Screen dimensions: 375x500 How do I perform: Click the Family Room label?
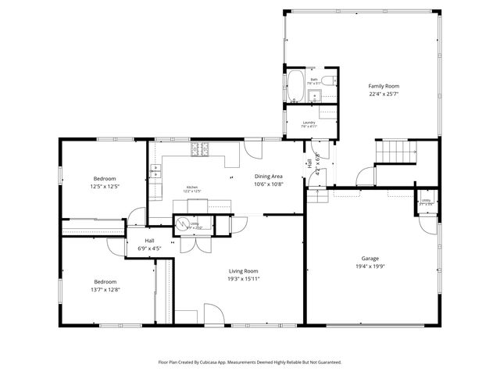click(x=384, y=86)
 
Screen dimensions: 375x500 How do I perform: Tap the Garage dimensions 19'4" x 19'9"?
click(x=370, y=266)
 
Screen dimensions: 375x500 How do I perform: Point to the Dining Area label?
click(x=268, y=177)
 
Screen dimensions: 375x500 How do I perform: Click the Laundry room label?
click(x=309, y=122)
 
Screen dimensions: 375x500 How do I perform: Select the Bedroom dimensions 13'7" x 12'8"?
click(x=105, y=290)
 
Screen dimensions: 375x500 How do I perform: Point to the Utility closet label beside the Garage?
click(x=427, y=201)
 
